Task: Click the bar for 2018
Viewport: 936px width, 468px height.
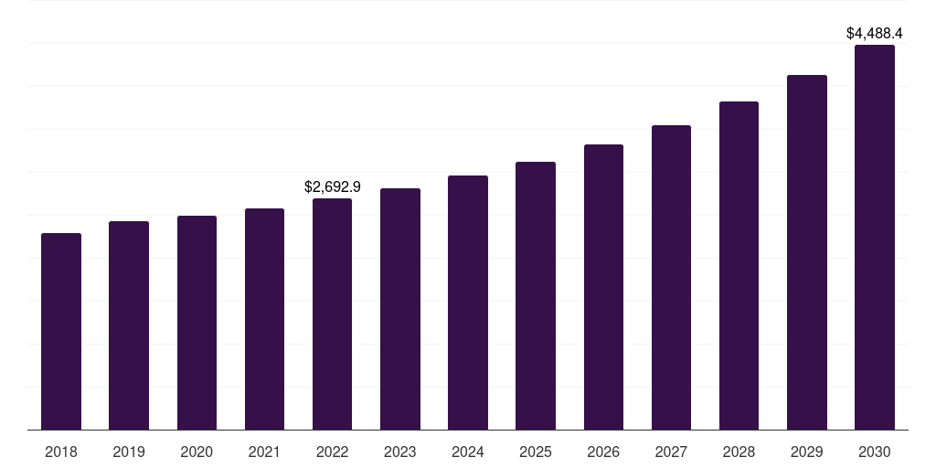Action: (61, 331)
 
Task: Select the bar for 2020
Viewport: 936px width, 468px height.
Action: (197, 323)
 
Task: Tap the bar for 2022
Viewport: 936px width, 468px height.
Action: (332, 314)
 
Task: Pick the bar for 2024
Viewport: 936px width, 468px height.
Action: (468, 303)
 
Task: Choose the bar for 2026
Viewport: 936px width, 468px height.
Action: (603, 287)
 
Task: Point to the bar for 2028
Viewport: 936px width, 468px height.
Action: (739, 265)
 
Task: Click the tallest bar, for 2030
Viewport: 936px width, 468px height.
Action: (875, 237)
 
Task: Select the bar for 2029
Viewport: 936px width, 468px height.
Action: (807, 252)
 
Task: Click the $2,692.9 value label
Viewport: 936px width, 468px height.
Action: (333, 186)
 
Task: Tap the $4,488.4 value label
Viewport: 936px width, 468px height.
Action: (875, 33)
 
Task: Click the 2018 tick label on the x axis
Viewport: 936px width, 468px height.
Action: (61, 452)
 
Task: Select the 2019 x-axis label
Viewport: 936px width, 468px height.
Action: (129, 452)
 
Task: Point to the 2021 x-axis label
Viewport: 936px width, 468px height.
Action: (264, 452)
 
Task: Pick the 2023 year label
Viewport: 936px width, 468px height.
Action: (400, 452)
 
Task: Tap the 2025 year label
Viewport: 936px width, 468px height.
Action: (536, 452)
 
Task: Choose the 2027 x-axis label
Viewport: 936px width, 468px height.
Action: (671, 452)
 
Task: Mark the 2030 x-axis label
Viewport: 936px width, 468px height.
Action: (875, 452)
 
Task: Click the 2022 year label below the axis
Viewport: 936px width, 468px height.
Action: (332, 452)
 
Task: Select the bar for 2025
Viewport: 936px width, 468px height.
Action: (536, 295)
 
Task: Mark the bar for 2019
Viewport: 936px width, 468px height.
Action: (129, 325)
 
